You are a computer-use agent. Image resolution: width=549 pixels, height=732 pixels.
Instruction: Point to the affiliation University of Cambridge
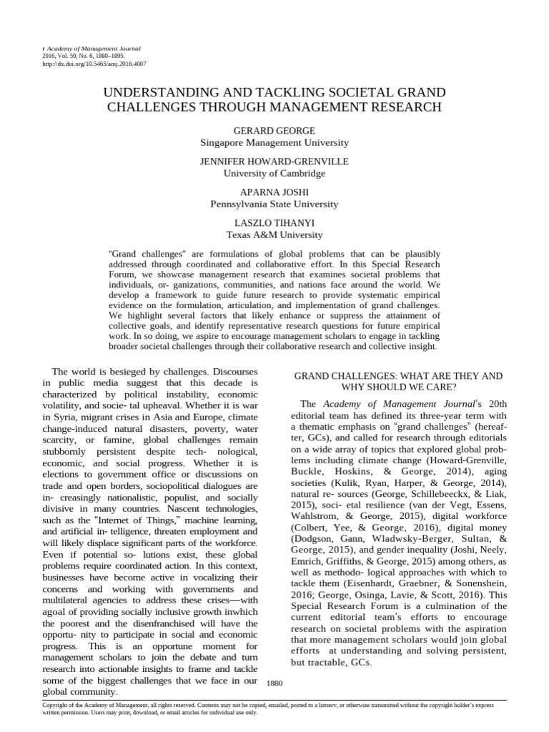pos(274,174)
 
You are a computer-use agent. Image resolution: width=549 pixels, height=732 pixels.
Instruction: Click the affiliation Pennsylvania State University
pos(274,204)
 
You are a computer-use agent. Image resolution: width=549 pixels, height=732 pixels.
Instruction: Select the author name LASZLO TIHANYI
pos(274,224)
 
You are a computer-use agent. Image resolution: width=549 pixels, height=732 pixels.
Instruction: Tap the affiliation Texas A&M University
pos(274,234)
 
